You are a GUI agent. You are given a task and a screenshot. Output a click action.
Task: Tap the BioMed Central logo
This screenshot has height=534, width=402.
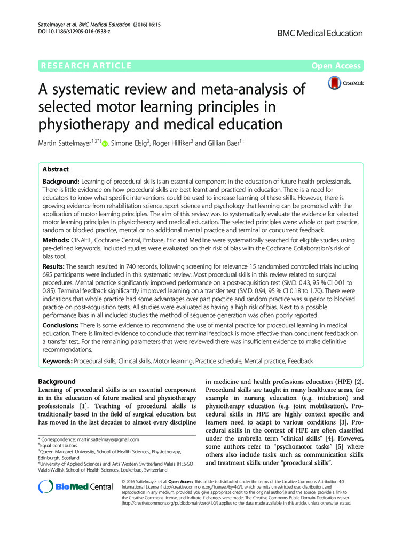(x=76, y=486)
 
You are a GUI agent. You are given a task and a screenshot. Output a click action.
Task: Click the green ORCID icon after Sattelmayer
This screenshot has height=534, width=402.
(x=105, y=143)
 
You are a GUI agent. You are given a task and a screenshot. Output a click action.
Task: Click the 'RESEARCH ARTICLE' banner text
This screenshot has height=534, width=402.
(x=85, y=66)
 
